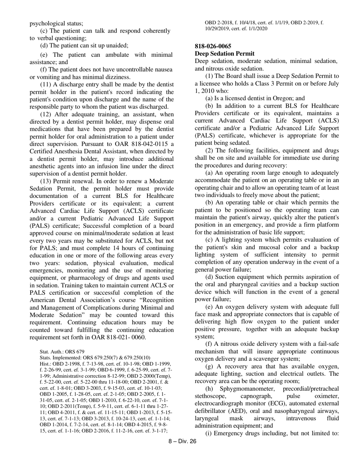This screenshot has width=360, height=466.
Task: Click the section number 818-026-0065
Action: [213, 46]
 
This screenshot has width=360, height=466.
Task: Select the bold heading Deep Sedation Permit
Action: [224, 53]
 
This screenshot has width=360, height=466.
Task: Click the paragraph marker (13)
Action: [47, 181]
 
